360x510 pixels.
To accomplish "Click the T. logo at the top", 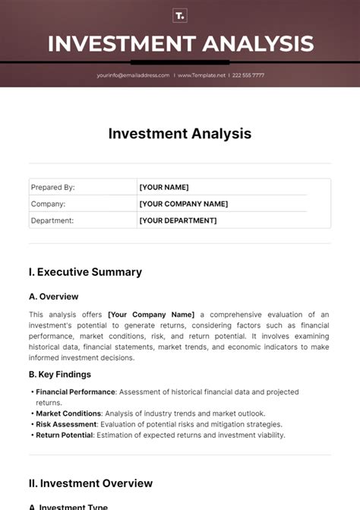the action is tap(180, 15).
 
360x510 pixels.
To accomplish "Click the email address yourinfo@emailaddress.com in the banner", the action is tap(133, 75).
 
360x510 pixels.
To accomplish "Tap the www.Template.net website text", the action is tap(203, 75).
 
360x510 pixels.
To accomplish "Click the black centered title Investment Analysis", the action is tap(179, 134).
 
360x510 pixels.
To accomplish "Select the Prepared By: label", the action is tap(52, 187).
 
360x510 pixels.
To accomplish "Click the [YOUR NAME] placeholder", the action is tap(164, 187).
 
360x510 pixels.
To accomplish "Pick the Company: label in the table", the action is tap(48, 204).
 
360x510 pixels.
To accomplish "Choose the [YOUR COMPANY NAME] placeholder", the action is tap(183, 204).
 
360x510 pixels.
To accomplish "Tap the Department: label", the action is tap(52, 220).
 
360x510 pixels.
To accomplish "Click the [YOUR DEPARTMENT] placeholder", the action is tap(178, 220).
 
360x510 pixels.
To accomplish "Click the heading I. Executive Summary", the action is tap(85, 271).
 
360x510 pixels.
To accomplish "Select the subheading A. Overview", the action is tap(53, 296).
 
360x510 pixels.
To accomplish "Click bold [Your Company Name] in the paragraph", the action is tap(151, 314).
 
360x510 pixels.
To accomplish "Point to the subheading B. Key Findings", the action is tap(60, 374).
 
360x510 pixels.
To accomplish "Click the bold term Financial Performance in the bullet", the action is tap(75, 392).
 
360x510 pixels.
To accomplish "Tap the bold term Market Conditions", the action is tap(68, 413).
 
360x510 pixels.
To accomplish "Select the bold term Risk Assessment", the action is tap(66, 424).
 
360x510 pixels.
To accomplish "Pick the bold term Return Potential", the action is tap(65, 435).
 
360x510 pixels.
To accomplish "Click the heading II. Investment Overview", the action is tap(90, 483).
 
